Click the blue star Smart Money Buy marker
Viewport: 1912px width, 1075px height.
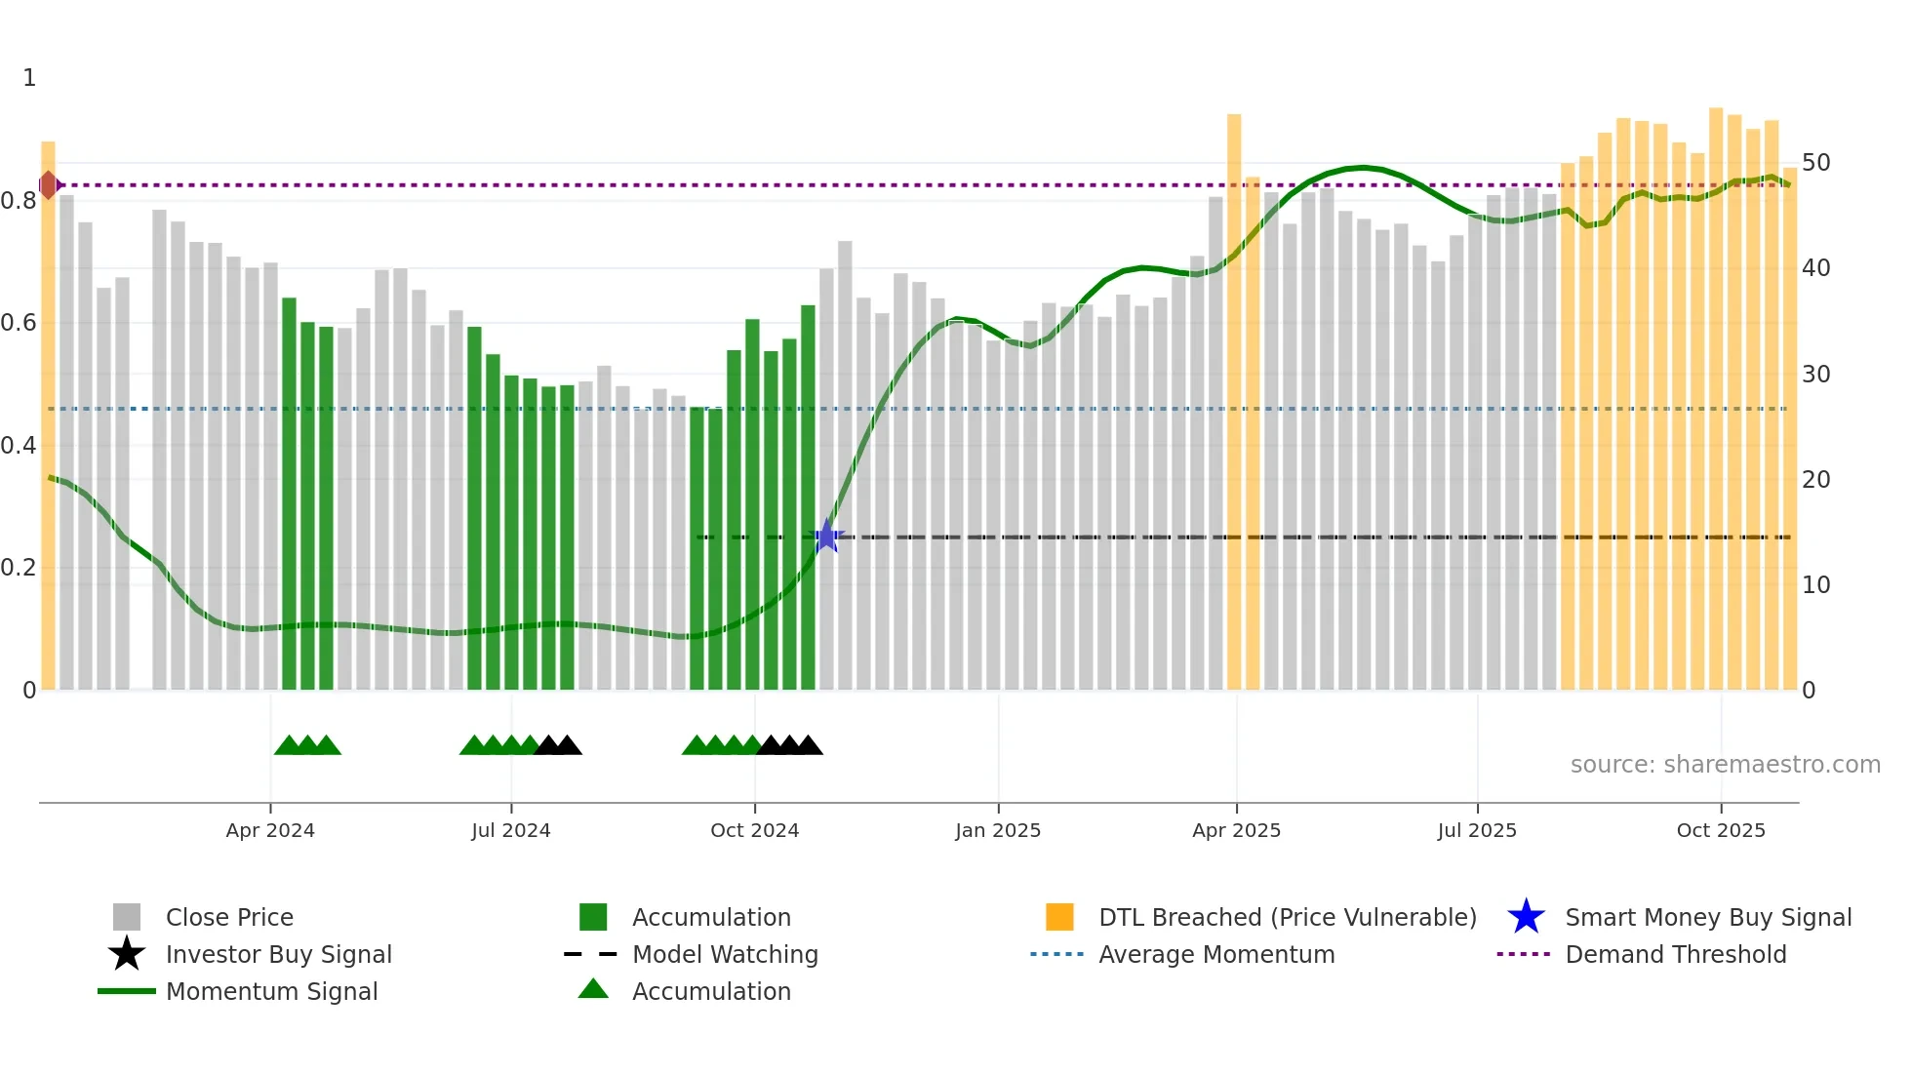[826, 537]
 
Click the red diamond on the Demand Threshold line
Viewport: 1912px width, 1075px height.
[48, 184]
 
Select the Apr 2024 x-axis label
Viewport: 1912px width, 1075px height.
[270, 830]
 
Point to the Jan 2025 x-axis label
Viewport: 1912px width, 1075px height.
[998, 830]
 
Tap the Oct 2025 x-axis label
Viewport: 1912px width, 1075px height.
[1721, 830]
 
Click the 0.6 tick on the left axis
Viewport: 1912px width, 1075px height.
[20, 323]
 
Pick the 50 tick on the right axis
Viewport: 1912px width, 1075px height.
[1815, 163]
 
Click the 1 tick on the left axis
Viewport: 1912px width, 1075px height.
[29, 78]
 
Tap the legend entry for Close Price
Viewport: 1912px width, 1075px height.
[229, 917]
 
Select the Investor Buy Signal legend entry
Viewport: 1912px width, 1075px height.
[278, 954]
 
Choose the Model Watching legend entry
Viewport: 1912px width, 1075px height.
[725, 954]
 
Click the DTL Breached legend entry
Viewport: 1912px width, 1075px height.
[1287, 917]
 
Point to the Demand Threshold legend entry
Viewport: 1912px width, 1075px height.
[1675, 954]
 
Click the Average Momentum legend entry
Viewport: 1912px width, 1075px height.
[1216, 954]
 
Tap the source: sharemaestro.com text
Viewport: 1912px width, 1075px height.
[1725, 765]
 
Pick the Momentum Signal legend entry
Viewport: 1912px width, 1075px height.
[271, 991]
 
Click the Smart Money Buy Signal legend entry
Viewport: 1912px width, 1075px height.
[1707, 917]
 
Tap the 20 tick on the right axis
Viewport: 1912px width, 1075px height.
[1815, 480]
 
